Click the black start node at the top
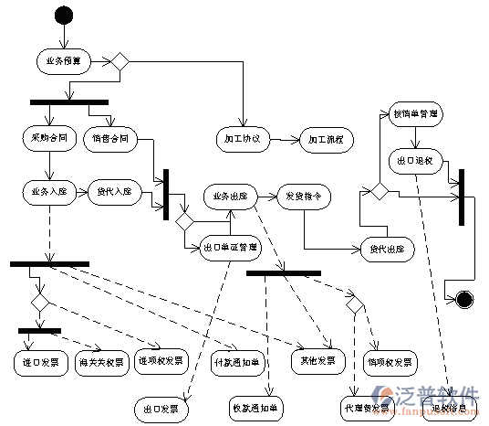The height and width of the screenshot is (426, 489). click(63, 15)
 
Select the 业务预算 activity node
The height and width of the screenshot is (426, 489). click(63, 61)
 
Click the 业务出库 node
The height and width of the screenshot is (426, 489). click(229, 197)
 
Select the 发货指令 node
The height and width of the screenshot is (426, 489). click(302, 197)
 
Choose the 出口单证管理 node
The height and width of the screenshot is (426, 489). click(229, 247)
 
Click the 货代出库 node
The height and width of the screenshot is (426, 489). click(388, 248)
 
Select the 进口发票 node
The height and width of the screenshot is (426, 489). click(40, 361)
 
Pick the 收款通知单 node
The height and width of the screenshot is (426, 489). click(255, 406)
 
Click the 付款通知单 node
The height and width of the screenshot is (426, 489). click(235, 361)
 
